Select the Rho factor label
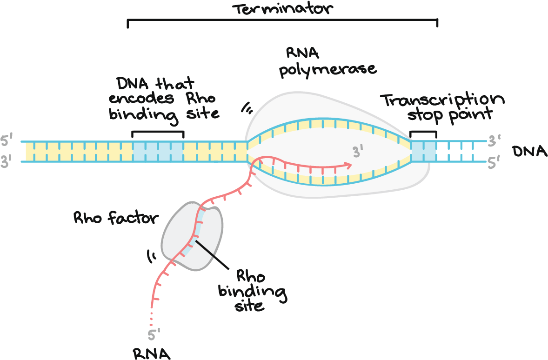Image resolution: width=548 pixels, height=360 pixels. [116, 218]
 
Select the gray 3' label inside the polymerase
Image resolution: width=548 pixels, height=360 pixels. [357, 152]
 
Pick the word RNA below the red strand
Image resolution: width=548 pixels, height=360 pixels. [151, 353]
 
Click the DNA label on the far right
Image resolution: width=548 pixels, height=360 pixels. [529, 151]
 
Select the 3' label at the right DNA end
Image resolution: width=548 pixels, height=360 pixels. [494, 139]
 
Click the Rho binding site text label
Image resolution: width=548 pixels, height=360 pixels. [252, 291]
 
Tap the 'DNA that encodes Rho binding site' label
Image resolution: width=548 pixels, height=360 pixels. [163, 98]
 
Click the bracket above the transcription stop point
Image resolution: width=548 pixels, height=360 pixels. [423, 133]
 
